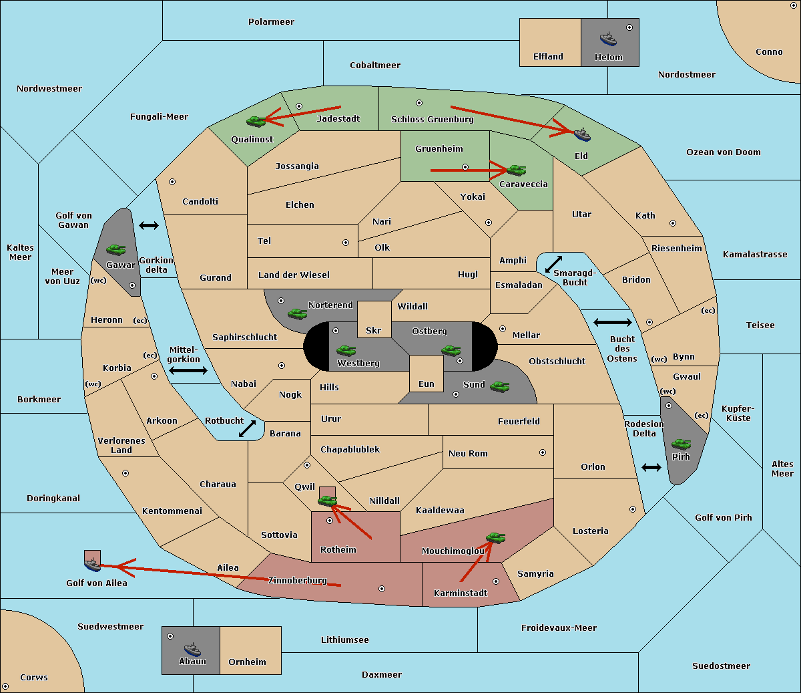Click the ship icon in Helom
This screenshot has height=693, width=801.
[608, 39]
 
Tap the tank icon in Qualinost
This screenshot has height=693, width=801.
[256, 122]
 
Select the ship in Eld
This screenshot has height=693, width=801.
[582, 134]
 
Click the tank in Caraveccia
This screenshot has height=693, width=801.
[517, 170]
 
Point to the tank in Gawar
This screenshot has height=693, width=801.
[116, 249]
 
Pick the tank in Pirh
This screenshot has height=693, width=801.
[682, 444]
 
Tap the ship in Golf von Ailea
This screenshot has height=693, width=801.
[93, 564]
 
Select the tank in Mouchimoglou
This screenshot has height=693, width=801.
[496, 538]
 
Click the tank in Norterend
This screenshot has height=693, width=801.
[298, 313]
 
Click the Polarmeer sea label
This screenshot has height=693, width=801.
[271, 22]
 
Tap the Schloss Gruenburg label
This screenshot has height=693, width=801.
[433, 119]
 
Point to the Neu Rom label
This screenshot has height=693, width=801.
[468, 453]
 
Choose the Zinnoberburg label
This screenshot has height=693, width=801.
[298, 581]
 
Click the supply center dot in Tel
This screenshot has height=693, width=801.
[346, 243]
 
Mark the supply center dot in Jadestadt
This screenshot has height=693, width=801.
[299, 106]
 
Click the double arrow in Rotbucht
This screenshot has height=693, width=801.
[247, 429]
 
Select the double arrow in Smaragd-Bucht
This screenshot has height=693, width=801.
[553, 264]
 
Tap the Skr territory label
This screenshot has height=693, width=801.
[374, 330]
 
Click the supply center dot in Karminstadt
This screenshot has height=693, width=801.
[496, 581]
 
